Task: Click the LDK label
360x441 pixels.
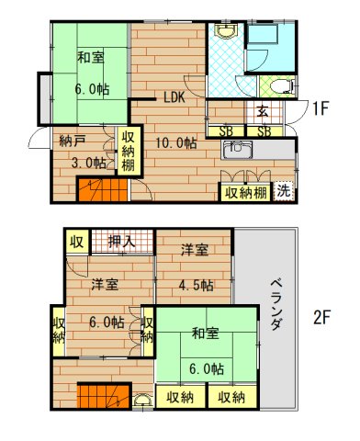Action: pos(175,98)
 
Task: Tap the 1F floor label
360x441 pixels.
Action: pos(320,109)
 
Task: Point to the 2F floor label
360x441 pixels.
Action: pos(322,318)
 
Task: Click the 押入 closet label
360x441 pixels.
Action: pos(120,242)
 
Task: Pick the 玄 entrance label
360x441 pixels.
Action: pos(262,112)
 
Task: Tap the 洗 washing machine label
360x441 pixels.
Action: pos(285,192)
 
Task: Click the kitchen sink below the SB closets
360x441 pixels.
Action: pos(237,149)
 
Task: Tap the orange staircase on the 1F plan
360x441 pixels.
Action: pos(93,191)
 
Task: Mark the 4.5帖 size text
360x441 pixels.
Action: pos(195,285)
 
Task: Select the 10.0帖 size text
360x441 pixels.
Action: pos(174,142)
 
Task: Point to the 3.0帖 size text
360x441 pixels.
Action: pos(87,164)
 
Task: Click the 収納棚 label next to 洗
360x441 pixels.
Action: pos(245,192)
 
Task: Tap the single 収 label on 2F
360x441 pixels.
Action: pos(76,242)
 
